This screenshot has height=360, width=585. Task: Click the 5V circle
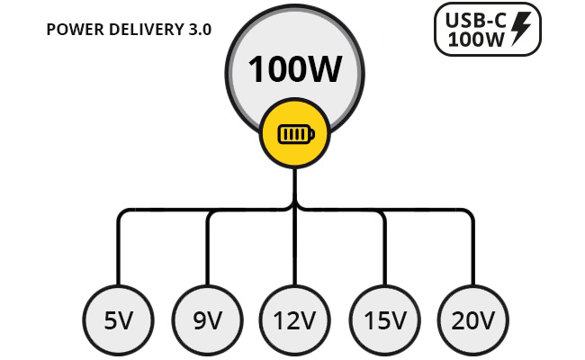(x=118, y=320)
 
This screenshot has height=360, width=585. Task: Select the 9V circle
(x=207, y=320)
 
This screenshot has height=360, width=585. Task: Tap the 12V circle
(x=294, y=320)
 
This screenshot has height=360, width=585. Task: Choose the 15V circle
(x=384, y=320)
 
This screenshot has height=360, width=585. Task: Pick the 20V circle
(x=473, y=320)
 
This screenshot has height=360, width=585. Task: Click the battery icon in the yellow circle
(x=296, y=134)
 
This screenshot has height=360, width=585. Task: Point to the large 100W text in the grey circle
(x=294, y=69)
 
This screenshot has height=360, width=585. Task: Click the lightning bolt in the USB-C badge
(x=521, y=29)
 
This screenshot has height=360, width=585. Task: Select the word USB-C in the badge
(x=476, y=20)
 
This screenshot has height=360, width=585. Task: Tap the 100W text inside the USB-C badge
(x=476, y=39)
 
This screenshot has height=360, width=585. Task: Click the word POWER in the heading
(x=75, y=30)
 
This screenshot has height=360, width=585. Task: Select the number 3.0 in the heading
(x=200, y=30)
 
